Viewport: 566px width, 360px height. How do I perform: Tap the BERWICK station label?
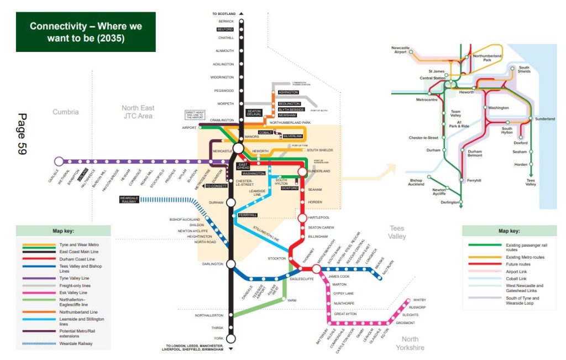(226, 21)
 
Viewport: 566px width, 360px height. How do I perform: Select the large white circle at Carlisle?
(59, 161)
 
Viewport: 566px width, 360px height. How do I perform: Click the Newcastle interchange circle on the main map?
(238, 148)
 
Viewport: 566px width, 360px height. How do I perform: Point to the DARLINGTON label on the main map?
(213, 264)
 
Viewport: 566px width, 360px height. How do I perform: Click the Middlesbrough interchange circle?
(316, 269)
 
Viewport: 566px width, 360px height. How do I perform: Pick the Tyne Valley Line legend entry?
(74, 278)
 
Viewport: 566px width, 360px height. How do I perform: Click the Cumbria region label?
(66, 112)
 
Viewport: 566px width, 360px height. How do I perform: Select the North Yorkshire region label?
(410, 343)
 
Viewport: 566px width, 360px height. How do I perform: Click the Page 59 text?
(22, 134)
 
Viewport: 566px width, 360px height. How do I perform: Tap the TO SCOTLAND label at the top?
(224, 13)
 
